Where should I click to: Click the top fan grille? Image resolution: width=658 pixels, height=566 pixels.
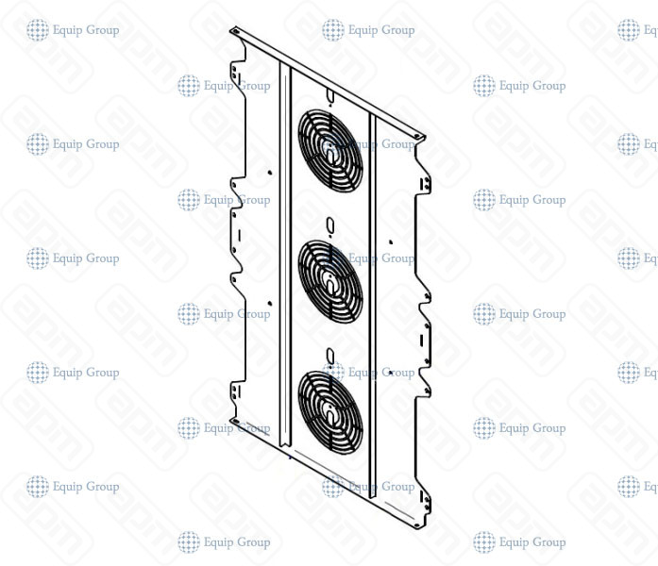329,148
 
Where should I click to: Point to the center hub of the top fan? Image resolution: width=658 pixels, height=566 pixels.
329,148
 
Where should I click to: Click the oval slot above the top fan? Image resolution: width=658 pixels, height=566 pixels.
329,95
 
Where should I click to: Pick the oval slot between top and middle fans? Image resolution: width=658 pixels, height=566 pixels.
329,225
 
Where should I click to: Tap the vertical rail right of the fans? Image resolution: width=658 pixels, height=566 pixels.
373,311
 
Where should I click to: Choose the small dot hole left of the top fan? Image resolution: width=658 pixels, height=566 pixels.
270,173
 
